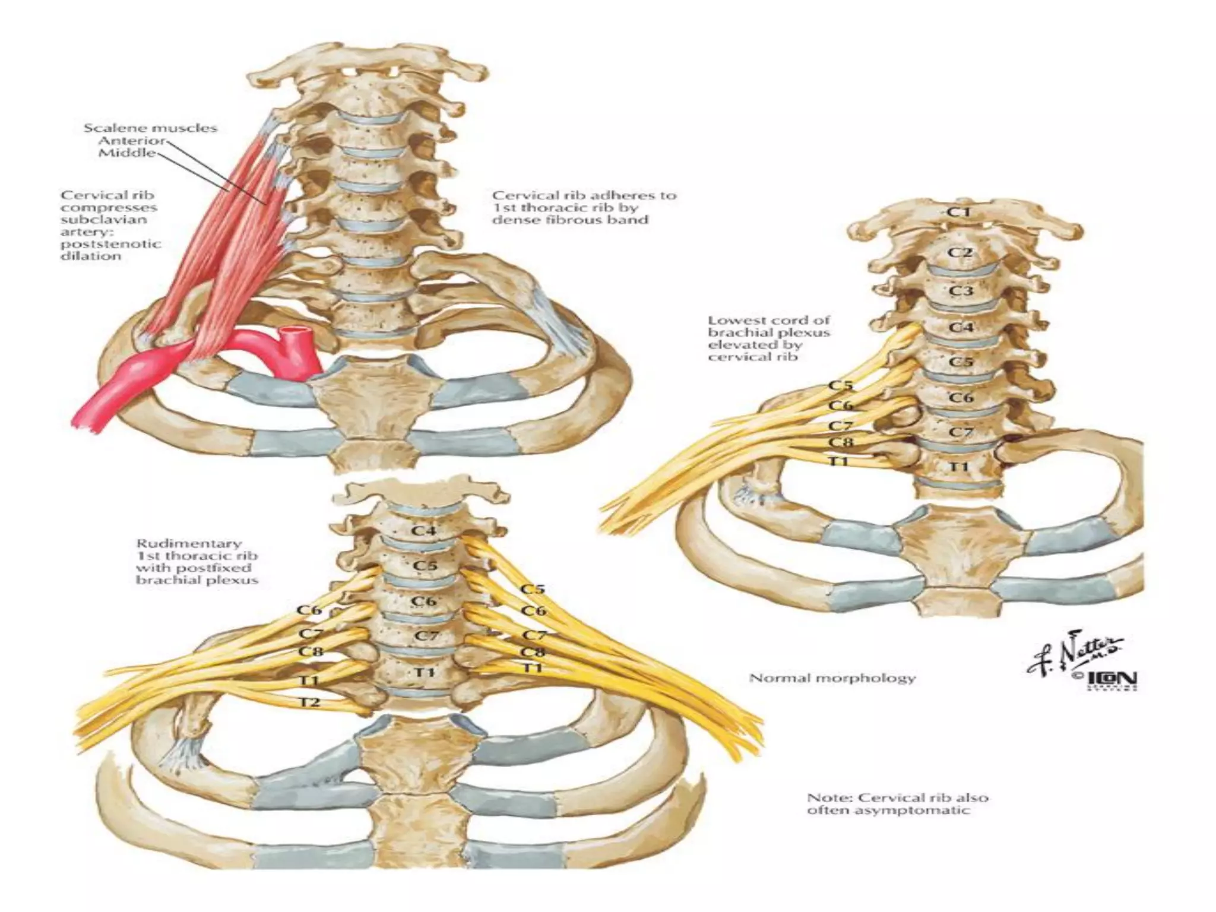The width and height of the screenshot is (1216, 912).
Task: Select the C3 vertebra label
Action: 960,292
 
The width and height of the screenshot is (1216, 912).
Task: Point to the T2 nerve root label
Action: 309,702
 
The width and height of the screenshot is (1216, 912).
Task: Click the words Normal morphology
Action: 832,677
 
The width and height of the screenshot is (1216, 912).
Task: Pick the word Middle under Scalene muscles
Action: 128,153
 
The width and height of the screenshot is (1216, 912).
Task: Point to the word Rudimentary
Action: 188,543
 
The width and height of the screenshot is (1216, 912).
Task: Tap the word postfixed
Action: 218,568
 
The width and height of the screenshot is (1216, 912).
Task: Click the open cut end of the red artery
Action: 293,330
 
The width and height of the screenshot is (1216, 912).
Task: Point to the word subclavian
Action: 104,220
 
